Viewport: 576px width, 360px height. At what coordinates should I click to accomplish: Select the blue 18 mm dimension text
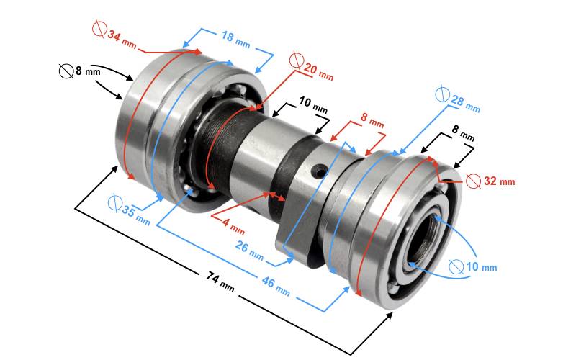(x=236, y=40)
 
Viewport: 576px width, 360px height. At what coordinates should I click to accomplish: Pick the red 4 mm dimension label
(x=233, y=227)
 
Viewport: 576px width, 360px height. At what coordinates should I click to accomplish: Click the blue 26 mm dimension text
(x=249, y=251)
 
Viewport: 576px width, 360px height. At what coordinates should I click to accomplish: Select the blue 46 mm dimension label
(x=276, y=286)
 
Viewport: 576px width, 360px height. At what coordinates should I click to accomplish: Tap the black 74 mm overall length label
(x=220, y=281)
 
